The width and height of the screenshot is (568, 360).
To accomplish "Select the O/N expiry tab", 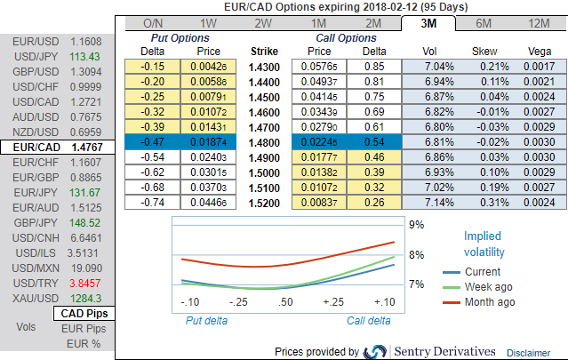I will pos(154,23).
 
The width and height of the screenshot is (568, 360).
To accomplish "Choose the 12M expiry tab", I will pos(538,23).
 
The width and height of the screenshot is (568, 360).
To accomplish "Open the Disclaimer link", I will pos(534,352).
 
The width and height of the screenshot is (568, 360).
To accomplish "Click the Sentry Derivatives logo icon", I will pos(376,351).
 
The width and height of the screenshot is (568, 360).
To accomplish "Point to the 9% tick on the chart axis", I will pos(414,226).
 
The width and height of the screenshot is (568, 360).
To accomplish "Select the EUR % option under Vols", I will pos(84,343).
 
